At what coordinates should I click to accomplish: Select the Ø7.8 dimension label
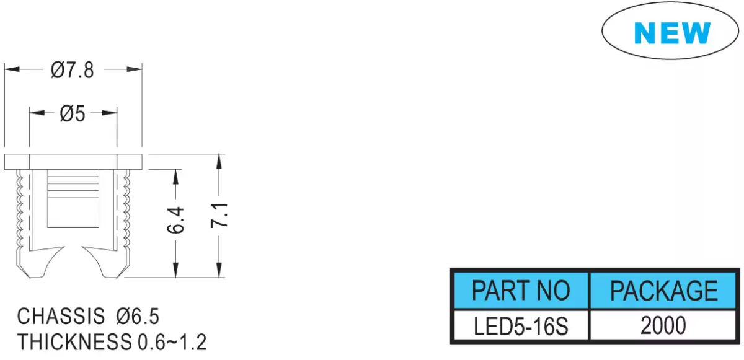click(73, 71)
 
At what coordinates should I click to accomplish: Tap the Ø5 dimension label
click(73, 113)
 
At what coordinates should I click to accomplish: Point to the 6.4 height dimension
click(175, 220)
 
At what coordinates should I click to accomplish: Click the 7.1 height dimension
click(219, 216)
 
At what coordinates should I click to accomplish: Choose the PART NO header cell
click(521, 291)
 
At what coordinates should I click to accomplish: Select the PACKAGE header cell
click(663, 291)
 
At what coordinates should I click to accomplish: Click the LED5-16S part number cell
click(521, 326)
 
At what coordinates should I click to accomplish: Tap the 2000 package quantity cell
click(663, 326)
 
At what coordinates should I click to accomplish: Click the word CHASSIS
click(61, 316)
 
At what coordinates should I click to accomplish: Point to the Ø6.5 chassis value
click(138, 316)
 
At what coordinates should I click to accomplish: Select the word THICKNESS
click(74, 342)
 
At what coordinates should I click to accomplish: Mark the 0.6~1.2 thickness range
click(172, 342)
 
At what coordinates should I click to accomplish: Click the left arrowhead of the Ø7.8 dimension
click(12, 69)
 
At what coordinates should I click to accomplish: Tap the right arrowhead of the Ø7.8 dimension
click(135, 69)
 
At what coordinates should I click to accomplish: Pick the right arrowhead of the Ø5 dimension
click(110, 113)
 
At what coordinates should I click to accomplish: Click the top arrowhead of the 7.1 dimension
click(219, 162)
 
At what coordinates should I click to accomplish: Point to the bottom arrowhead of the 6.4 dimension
click(175, 270)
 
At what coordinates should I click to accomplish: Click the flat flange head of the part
click(73, 162)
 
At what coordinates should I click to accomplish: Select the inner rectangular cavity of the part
click(73, 198)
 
